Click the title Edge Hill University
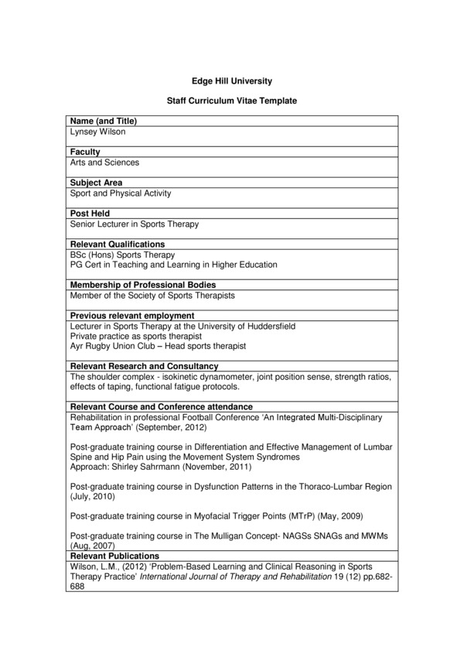click(x=231, y=80)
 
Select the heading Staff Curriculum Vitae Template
click(x=231, y=101)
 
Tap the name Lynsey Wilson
click(x=97, y=132)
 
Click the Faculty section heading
click(x=85, y=152)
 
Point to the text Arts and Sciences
click(x=104, y=163)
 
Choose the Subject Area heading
click(x=96, y=183)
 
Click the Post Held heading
click(x=90, y=214)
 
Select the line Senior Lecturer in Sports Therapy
click(x=134, y=224)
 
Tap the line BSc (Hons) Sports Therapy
click(x=122, y=255)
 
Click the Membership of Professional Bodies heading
click(x=143, y=285)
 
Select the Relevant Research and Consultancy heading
click(x=144, y=366)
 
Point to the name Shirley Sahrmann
click(x=143, y=467)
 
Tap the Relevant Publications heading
click(x=114, y=556)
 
